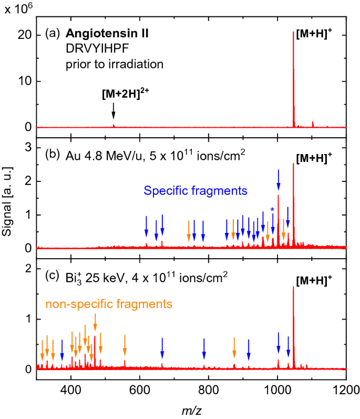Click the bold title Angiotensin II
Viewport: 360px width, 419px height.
click(x=107, y=34)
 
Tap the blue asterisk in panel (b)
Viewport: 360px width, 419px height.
click(x=272, y=211)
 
